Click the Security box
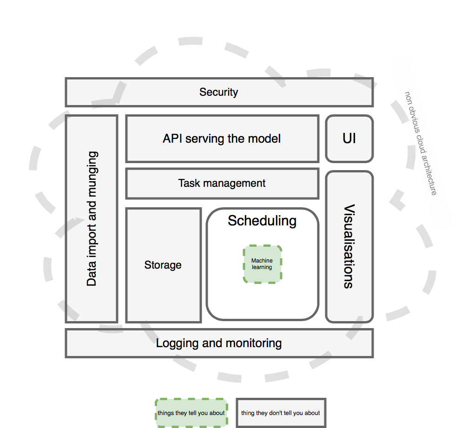coord(219,92)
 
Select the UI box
coord(349,138)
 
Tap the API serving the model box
coord(222,138)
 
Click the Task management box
coord(222,183)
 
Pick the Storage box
coord(163,265)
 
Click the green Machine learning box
coord(262,264)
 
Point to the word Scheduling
coord(262,221)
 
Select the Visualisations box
coord(349,246)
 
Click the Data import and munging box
coord(92,218)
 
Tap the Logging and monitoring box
coord(219,343)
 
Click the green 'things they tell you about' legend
coord(191,413)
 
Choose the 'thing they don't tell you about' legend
coord(281,413)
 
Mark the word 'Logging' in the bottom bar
coord(175,343)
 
